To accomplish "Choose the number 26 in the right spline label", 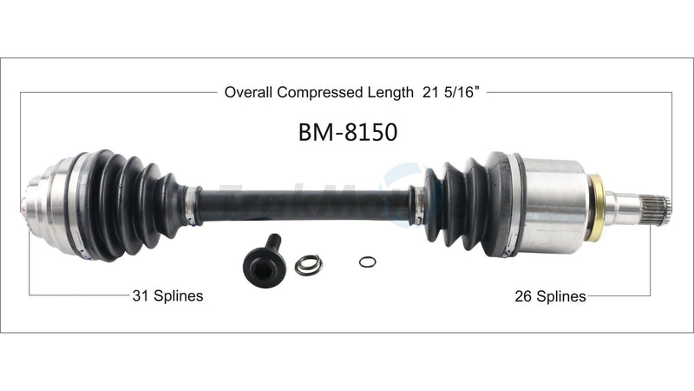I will point(523,295).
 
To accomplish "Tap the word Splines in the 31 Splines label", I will point(178,295).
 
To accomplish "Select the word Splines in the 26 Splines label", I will point(561,295).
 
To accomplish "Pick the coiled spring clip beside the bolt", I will point(308,264).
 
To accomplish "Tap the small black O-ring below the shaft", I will point(367,262).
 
